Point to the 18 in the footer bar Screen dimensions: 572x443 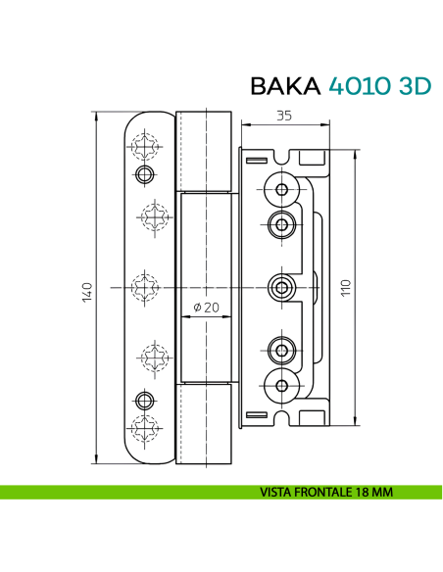366,492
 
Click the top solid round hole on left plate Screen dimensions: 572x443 145,175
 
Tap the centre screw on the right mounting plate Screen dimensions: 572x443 283,287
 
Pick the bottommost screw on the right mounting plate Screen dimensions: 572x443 283,384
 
